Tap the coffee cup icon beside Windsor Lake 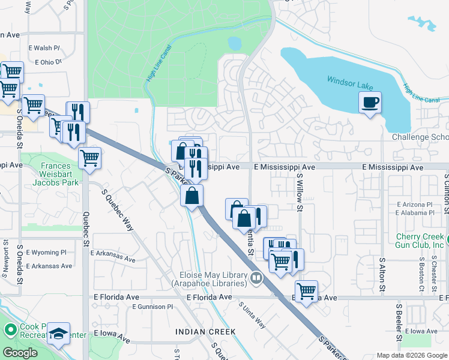click(370, 102)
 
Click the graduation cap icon click(59, 333)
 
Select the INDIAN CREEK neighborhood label click(202, 332)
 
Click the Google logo click(20, 353)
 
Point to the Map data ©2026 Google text click(411, 355)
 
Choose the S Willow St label click(299, 193)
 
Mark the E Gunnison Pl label click(152, 307)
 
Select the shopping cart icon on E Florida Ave click(306, 291)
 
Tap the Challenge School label click(420, 137)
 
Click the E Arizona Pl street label click(414, 205)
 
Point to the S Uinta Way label click(252, 315)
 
